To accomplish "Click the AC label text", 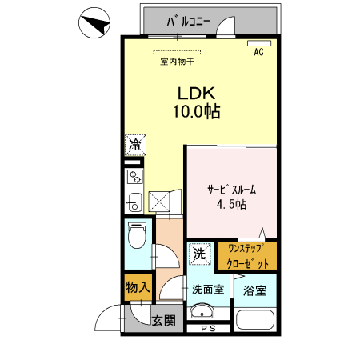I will click(258, 53).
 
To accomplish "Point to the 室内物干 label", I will click(177, 61).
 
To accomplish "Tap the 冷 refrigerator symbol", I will click(135, 145).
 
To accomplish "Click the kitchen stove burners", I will click(134, 176).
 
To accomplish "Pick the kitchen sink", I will click(134, 199).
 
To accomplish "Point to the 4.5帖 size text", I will click(231, 205).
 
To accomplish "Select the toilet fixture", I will click(137, 235).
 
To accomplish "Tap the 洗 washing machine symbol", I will click(199, 254).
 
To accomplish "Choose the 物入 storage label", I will click(137, 286).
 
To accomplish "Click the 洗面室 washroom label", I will click(207, 289).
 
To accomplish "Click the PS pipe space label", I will click(209, 329).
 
